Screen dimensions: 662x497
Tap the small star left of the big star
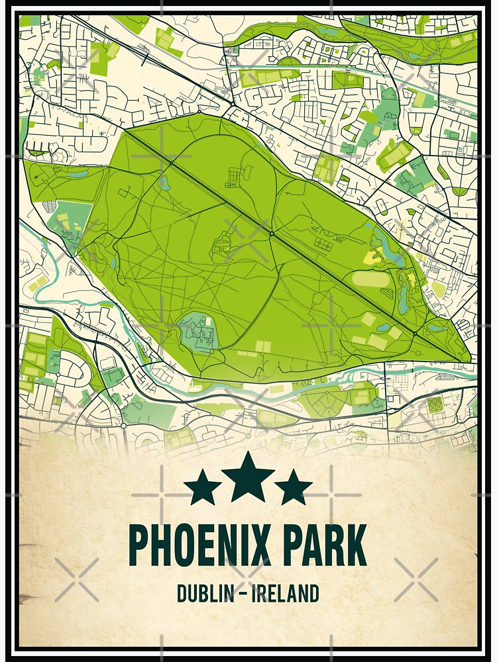pos(203,489)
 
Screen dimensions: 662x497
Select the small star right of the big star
pos(293,489)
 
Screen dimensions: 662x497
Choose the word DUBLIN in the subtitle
pos(205,593)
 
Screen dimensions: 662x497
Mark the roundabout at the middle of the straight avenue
pos(272,233)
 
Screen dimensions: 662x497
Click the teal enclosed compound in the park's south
pos(198,332)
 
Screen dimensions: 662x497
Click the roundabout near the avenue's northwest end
pos(171,163)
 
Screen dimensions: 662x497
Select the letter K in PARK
pos(355,544)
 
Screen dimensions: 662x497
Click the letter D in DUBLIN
pos(182,593)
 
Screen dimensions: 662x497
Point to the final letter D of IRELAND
pos(314,593)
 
